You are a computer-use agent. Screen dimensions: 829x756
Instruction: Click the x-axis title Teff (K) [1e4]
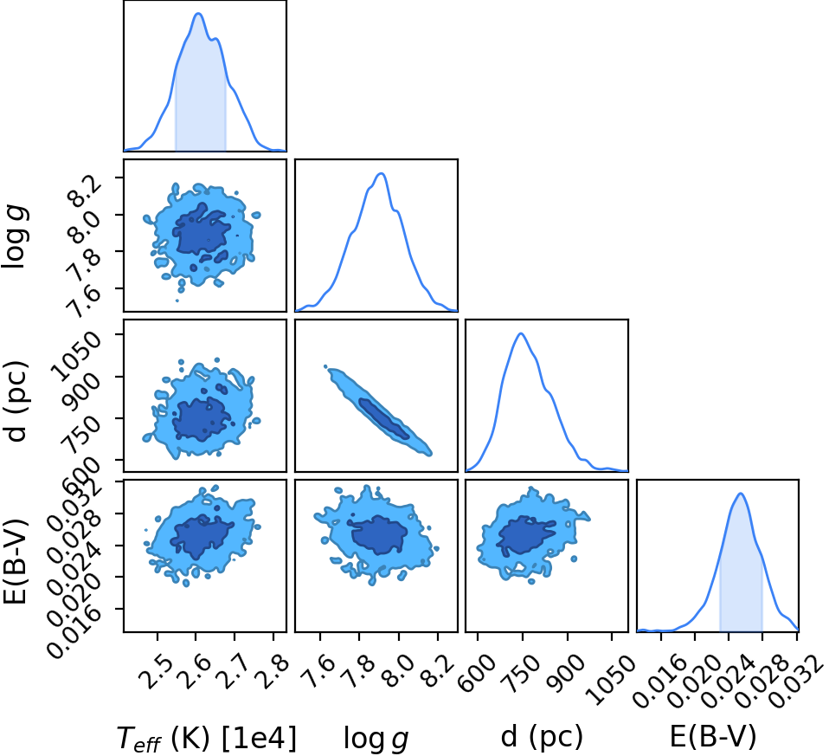207,738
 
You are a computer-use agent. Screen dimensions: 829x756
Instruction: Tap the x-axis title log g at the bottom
376,738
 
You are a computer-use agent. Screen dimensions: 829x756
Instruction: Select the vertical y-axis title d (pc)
17,402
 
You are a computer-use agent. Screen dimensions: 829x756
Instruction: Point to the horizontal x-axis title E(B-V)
713,736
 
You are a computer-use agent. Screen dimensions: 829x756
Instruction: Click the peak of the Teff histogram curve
199,13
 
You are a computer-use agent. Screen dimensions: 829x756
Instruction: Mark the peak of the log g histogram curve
381,173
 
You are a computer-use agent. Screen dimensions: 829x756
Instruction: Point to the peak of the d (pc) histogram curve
521,333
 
